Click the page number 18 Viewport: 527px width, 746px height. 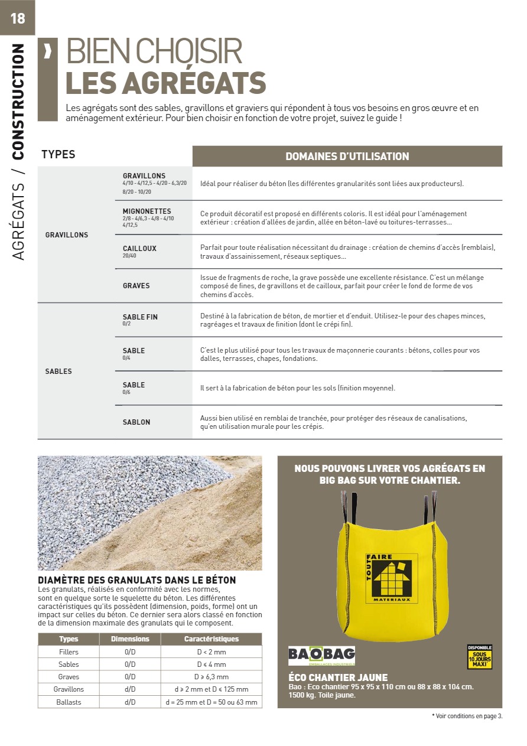(x=18, y=18)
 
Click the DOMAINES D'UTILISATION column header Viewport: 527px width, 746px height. (x=347, y=157)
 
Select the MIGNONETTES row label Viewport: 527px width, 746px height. (x=147, y=211)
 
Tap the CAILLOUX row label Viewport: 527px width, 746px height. (x=139, y=249)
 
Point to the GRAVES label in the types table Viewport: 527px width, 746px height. (x=136, y=286)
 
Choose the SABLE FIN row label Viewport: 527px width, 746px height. (x=140, y=317)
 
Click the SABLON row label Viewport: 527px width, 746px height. (x=136, y=422)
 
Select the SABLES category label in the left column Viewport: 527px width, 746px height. (x=58, y=372)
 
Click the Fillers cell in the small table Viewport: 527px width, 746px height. (x=69, y=652)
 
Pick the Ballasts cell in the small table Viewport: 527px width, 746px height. (x=69, y=702)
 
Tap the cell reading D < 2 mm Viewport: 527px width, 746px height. (x=211, y=652)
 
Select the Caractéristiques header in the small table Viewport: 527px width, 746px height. (x=211, y=639)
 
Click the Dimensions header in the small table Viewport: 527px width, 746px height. (x=130, y=639)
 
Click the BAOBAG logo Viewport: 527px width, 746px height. (x=321, y=655)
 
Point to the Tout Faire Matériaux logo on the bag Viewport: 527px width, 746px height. (x=391, y=578)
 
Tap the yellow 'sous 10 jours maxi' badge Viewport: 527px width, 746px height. (x=479, y=656)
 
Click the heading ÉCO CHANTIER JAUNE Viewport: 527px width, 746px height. (x=338, y=677)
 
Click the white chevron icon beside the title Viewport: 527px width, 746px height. (x=48, y=52)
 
